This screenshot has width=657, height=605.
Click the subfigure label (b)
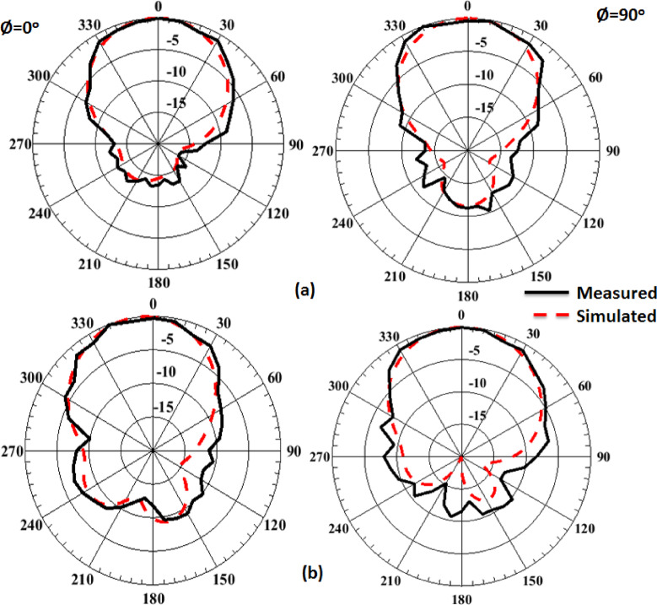point(311,574)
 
